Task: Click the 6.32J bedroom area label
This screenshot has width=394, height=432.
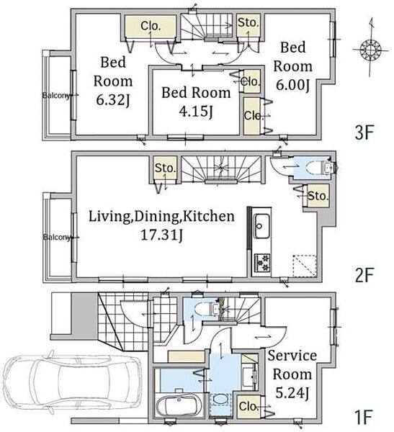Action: [x=113, y=100]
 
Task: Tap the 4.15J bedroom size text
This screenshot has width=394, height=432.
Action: [x=196, y=112]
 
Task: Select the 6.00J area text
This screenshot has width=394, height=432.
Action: [x=293, y=85]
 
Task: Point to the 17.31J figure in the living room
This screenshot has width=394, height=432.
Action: [x=161, y=235]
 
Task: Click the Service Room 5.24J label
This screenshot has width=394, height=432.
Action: [x=292, y=374]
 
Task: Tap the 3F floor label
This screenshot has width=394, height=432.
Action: [x=364, y=132]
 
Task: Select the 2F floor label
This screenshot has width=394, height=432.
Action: [x=364, y=275]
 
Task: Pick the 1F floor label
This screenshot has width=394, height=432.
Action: [x=364, y=417]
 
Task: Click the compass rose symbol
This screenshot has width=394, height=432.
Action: [x=370, y=50]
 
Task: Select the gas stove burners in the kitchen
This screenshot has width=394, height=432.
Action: [x=262, y=263]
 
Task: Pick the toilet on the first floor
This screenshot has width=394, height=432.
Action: [x=205, y=310]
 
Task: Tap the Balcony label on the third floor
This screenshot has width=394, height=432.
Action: [x=55, y=96]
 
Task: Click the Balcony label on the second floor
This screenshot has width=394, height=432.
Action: [x=57, y=237]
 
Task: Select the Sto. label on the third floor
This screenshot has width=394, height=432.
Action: [x=249, y=22]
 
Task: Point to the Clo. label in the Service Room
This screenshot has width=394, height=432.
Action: [x=249, y=406]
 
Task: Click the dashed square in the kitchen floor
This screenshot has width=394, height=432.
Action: [x=305, y=266]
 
